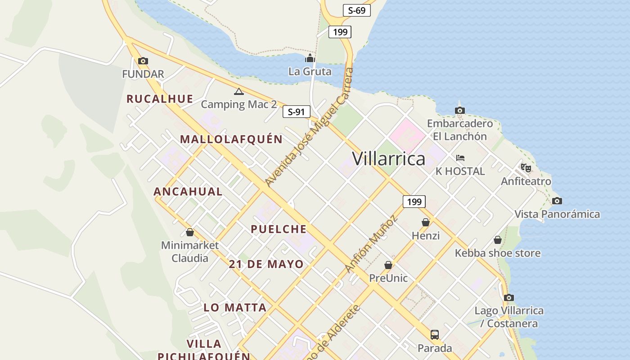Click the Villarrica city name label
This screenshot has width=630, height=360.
(388, 159)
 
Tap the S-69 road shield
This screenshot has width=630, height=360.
(356, 10)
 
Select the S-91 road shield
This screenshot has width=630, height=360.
(296, 112)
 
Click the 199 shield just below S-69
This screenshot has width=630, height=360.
(339, 32)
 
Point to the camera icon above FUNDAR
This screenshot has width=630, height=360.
(143, 61)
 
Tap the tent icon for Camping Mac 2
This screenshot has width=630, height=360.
(239, 92)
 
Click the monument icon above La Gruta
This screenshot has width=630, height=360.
(310, 58)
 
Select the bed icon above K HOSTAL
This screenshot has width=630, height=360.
(460, 158)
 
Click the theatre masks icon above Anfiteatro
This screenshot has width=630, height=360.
(526, 168)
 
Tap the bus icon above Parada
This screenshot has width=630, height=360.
(434, 335)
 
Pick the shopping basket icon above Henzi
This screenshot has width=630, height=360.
(426, 222)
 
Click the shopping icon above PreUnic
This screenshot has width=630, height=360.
(388, 265)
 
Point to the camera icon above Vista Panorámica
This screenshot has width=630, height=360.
(557, 201)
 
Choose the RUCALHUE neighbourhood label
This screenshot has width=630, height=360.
(160, 99)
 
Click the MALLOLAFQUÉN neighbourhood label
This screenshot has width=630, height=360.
(231, 139)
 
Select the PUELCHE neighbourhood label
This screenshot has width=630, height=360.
(279, 229)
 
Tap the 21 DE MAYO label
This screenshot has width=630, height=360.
(266, 264)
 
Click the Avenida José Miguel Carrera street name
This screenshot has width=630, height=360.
(309, 128)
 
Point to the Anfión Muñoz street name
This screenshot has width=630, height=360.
(371, 244)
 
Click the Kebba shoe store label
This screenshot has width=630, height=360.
(497, 253)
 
